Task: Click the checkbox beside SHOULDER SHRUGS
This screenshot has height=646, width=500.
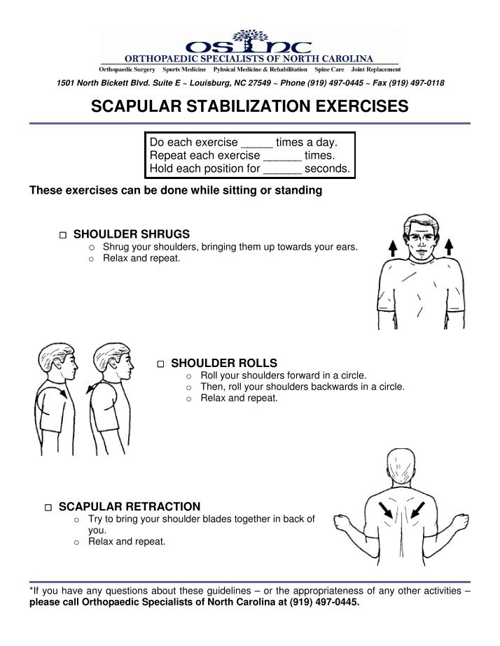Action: click(63, 235)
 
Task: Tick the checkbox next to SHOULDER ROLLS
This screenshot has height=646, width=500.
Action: click(160, 364)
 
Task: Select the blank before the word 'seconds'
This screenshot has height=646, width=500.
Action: click(282, 169)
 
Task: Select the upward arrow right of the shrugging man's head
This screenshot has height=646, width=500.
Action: click(449, 247)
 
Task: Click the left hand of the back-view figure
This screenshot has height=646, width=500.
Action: click(342, 522)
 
